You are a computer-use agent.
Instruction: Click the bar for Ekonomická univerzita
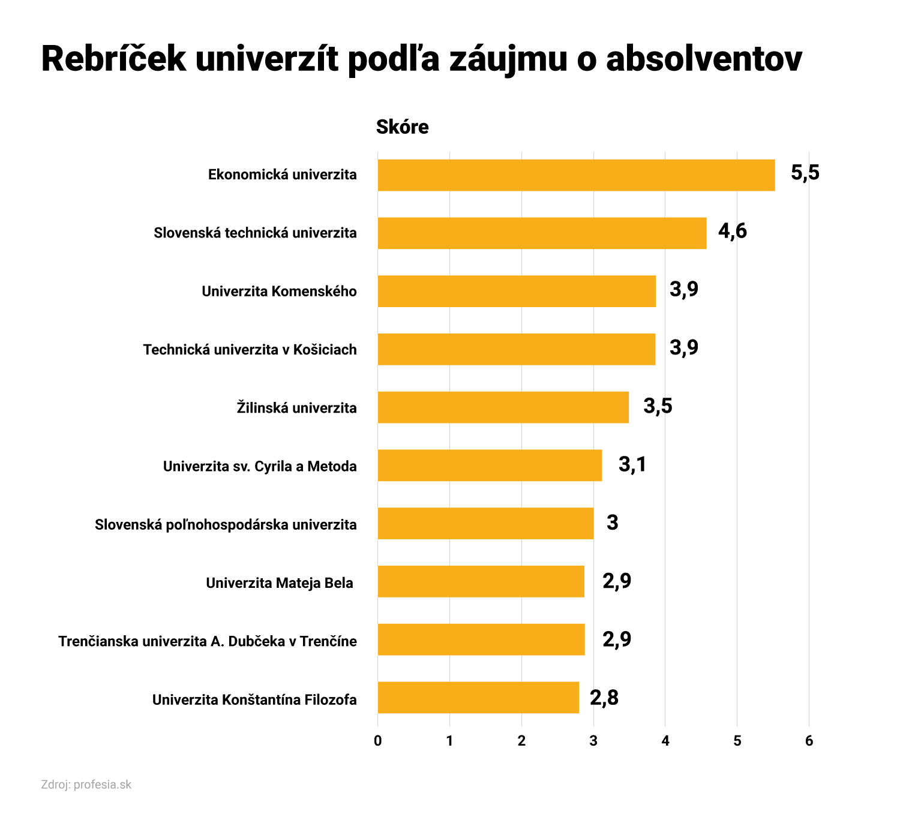click(576, 175)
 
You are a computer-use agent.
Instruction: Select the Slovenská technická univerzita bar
click(542, 233)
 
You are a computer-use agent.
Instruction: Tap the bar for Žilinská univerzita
click(503, 407)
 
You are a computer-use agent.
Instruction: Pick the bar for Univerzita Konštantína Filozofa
click(478, 698)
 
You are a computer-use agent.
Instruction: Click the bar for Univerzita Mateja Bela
click(481, 581)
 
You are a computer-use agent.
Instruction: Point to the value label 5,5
click(805, 173)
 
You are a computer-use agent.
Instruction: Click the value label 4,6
click(732, 232)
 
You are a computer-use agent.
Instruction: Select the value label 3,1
click(632, 465)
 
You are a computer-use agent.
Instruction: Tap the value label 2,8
click(604, 698)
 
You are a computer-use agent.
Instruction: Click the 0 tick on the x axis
click(377, 741)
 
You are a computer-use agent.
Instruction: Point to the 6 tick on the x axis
click(809, 741)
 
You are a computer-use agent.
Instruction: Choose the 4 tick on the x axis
click(665, 741)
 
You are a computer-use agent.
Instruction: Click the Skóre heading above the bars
click(402, 127)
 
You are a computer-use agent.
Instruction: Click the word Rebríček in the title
click(114, 59)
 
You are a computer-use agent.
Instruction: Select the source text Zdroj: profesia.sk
click(86, 785)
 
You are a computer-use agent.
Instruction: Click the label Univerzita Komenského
click(279, 292)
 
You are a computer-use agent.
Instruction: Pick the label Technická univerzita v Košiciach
click(250, 350)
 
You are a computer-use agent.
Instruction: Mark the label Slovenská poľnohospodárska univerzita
click(226, 525)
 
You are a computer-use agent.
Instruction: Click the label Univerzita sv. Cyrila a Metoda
click(260, 467)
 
